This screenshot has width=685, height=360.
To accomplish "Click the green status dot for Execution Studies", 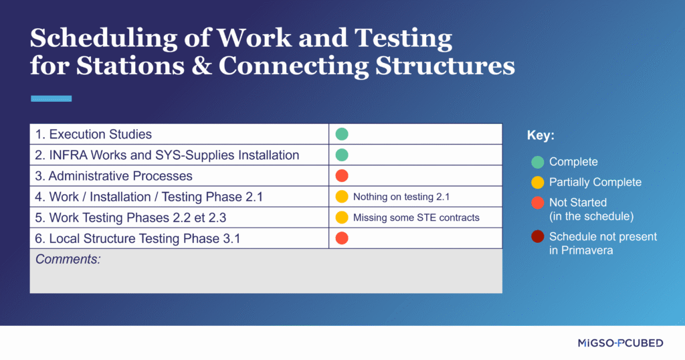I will (x=342, y=134).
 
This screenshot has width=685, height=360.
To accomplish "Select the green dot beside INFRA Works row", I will (x=342, y=155).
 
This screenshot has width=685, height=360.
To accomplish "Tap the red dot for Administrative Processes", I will (x=342, y=176).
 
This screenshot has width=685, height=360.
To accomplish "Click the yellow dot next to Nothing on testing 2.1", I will (x=342, y=197).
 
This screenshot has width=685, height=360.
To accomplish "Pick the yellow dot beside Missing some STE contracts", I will (x=342, y=217).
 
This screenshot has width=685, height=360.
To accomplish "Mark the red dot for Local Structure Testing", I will (x=342, y=238).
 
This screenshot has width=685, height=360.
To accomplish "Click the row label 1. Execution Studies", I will (x=94, y=134).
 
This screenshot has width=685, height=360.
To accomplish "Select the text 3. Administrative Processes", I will (x=114, y=176).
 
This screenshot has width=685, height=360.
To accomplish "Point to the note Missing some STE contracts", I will (x=416, y=217).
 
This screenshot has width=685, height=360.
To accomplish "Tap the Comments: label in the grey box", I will (x=68, y=259).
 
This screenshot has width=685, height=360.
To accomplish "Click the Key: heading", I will (x=541, y=136).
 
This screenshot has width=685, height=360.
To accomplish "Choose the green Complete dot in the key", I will (x=537, y=162).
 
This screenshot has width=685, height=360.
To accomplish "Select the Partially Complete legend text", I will (x=595, y=182).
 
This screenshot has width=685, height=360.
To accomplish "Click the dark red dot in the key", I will (x=537, y=236).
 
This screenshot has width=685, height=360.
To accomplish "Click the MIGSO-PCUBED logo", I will (x=620, y=343).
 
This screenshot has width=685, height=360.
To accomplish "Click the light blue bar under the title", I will (x=51, y=98).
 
